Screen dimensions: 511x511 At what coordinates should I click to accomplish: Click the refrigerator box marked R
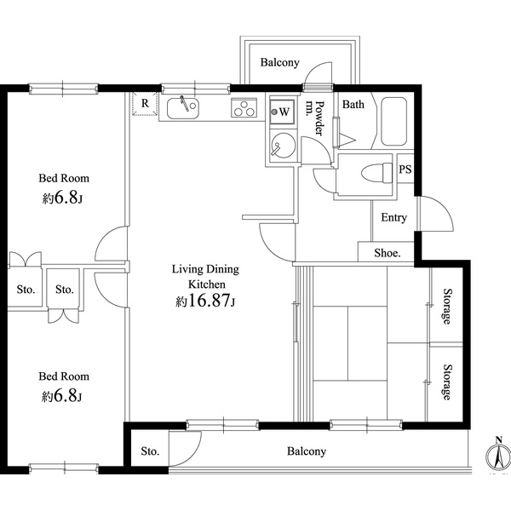tap(145, 105)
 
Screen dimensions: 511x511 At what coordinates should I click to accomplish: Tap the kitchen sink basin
tap(183, 108)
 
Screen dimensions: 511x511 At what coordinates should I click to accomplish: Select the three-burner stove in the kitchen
tap(245, 109)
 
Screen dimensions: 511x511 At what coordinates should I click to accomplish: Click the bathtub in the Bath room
tap(393, 123)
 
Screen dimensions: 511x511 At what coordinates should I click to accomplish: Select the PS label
tap(406, 169)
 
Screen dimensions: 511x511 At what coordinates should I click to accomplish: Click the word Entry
tap(393, 218)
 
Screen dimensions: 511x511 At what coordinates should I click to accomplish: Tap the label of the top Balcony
tap(279, 63)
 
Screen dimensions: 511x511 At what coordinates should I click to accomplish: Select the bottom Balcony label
tap(306, 451)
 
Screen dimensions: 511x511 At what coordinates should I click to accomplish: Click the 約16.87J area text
tap(205, 301)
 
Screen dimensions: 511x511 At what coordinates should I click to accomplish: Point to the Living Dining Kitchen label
tap(205, 277)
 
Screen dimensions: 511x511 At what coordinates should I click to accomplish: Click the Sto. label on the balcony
tap(150, 451)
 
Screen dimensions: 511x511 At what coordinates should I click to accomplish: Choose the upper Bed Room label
tap(64, 179)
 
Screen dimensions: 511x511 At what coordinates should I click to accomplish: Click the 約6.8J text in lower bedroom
tap(64, 396)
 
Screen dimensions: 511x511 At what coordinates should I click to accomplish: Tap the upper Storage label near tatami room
tap(445, 307)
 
